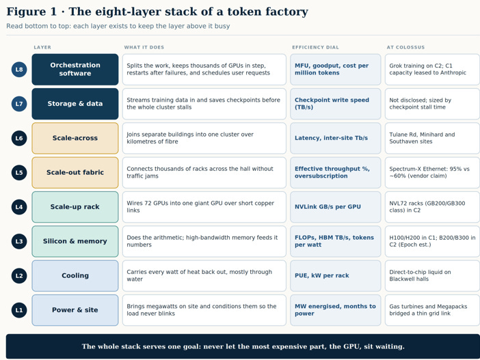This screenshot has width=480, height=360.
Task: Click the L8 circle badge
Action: click(19, 70)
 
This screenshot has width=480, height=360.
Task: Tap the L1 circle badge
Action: click(19, 310)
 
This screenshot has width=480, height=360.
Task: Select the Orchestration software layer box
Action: click(75, 70)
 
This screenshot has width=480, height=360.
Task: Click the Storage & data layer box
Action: click(75, 104)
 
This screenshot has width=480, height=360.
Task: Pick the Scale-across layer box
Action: click(75, 138)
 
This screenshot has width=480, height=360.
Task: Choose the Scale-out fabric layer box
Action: click(75, 173)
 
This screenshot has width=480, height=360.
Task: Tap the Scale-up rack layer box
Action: click(75, 207)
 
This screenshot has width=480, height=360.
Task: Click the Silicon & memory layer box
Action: click(75, 241)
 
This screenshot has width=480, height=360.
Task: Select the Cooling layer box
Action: click(75, 275)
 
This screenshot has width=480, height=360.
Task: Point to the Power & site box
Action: click(75, 310)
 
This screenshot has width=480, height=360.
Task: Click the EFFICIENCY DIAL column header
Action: click(315, 47)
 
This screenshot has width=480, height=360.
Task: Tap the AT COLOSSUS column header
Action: click(405, 47)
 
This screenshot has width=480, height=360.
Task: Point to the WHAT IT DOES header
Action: click(144, 47)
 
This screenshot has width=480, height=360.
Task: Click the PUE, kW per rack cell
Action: click(336, 275)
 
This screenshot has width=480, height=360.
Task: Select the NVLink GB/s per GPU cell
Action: click(336, 207)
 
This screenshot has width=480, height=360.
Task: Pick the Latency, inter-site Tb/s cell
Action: click(336, 138)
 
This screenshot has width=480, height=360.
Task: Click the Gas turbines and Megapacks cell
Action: click(432, 310)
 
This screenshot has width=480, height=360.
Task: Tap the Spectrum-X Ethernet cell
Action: click(432, 173)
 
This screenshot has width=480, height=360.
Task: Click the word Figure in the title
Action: click(26, 12)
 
